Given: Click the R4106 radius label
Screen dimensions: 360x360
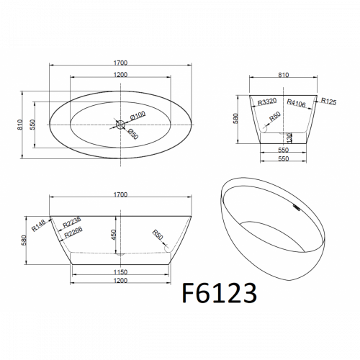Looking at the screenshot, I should (296, 103).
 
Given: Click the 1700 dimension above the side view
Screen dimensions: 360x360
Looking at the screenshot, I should (120, 194).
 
